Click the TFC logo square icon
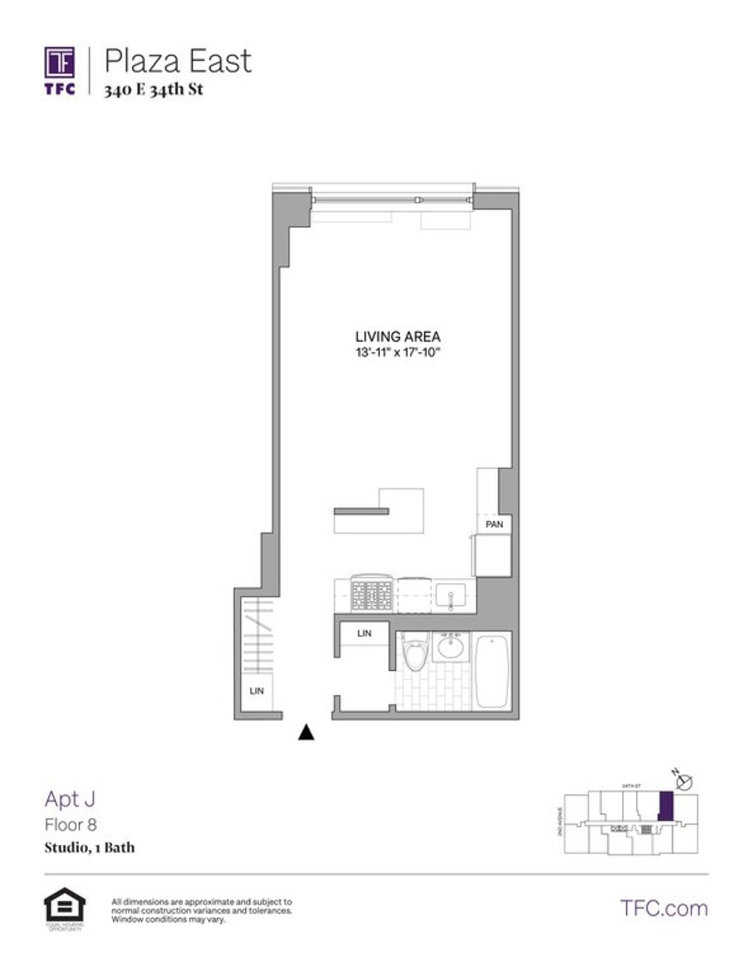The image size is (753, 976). [60, 63]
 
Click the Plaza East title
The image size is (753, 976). [178, 62]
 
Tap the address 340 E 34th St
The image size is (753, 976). [154, 89]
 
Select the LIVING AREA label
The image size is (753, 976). [398, 337]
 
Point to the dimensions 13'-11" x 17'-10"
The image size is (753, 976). [398, 353]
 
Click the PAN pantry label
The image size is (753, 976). [494, 524]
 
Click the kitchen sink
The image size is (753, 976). [451, 594]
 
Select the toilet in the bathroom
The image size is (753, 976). [414, 651]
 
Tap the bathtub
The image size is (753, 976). [493, 671]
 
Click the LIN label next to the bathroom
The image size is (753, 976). [364, 633]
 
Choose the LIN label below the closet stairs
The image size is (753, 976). [257, 691]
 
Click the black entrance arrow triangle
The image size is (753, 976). [306, 732]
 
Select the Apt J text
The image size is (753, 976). [70, 799]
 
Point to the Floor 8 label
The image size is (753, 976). [70, 824]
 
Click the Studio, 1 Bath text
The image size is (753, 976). [89, 847]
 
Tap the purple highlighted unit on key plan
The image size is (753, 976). [666, 806]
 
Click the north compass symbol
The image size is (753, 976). [685, 782]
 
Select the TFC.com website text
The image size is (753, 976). [663, 908]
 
